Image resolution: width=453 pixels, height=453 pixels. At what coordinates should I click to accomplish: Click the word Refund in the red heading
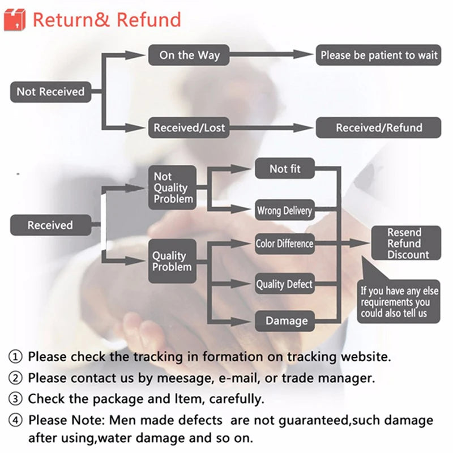click(x=149, y=20)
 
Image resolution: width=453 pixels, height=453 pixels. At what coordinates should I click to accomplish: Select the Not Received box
click(x=50, y=92)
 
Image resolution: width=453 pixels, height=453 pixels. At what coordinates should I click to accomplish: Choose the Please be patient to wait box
click(x=378, y=55)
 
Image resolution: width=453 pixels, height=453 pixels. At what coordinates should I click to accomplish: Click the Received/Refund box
click(x=378, y=127)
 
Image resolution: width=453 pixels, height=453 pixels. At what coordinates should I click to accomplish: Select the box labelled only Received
click(x=50, y=225)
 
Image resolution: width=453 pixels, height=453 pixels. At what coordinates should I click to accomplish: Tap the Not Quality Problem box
click(x=172, y=187)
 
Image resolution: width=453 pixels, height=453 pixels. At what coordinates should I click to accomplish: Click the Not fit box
click(x=285, y=169)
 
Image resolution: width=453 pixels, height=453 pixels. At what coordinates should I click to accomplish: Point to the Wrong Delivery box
click(x=284, y=211)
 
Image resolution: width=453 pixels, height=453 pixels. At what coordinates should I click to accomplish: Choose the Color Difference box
click(x=284, y=244)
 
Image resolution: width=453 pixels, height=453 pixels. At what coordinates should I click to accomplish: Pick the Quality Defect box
click(x=284, y=284)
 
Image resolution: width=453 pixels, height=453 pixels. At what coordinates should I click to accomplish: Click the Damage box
click(x=286, y=321)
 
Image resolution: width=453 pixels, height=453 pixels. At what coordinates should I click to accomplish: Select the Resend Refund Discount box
click(x=404, y=243)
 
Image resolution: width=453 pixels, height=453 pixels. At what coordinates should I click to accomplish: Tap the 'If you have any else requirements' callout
click(x=399, y=302)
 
